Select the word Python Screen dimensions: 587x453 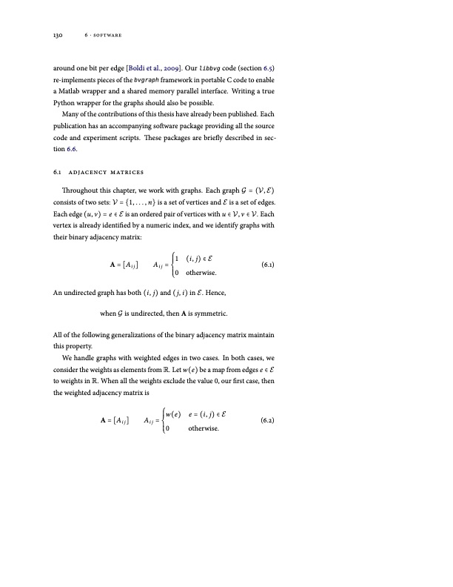click(x=63, y=102)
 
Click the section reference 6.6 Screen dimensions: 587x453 click(x=70, y=148)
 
